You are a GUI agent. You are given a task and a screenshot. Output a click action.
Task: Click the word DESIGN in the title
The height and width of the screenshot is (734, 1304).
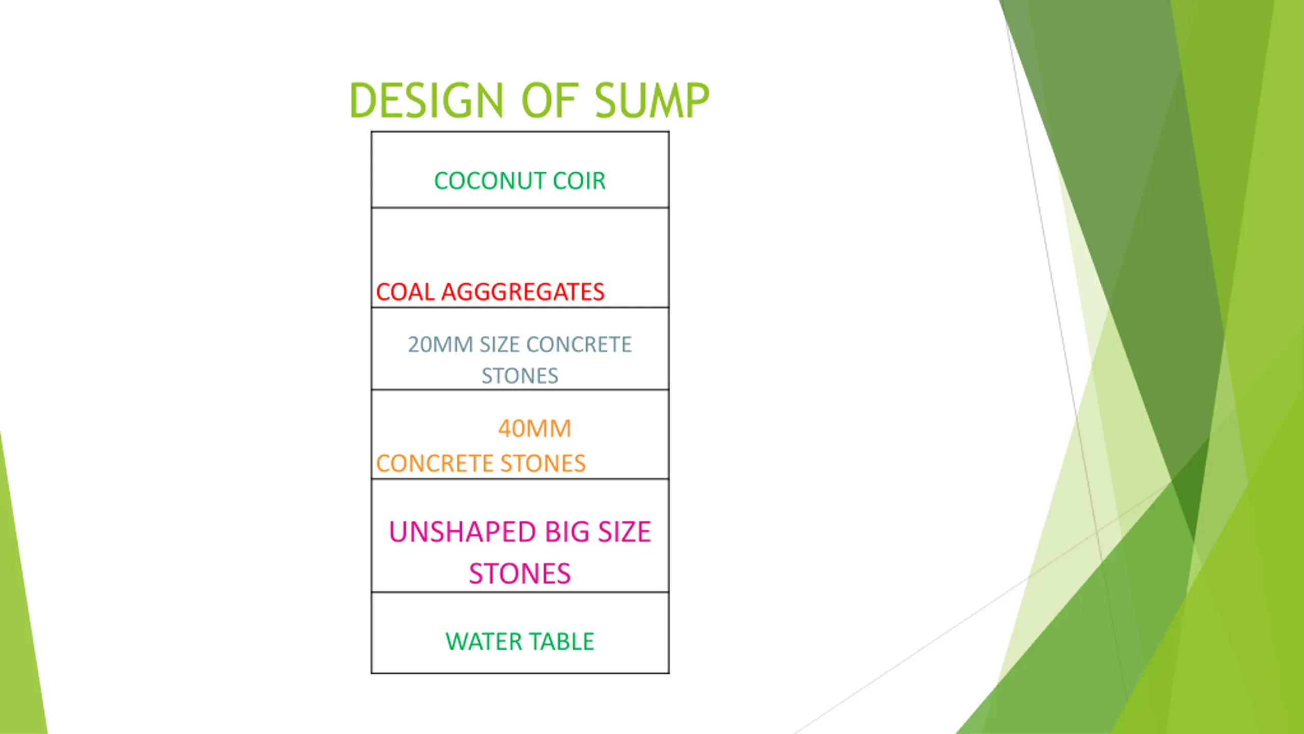427,100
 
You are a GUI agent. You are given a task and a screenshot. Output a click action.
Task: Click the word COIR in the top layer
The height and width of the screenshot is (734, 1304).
579,181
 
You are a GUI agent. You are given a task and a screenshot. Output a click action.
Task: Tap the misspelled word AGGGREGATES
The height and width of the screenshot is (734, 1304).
523,292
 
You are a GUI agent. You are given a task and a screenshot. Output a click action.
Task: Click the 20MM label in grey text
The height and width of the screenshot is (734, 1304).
441,345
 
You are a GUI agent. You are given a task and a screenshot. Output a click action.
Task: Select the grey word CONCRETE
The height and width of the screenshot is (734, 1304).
579,345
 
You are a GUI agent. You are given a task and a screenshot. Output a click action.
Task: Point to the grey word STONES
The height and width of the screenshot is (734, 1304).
520,376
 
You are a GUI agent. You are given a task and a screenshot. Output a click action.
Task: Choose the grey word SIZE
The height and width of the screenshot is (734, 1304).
499,345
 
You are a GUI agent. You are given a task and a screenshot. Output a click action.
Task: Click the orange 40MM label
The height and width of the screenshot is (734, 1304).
534,429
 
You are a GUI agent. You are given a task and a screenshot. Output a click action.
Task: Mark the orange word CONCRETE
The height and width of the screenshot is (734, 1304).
434,463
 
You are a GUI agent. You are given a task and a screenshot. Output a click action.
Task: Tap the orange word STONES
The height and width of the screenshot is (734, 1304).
543,463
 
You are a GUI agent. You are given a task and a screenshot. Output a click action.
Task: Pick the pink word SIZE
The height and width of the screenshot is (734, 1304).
624,532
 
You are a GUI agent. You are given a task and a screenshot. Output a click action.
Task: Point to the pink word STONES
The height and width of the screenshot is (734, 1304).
520,574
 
